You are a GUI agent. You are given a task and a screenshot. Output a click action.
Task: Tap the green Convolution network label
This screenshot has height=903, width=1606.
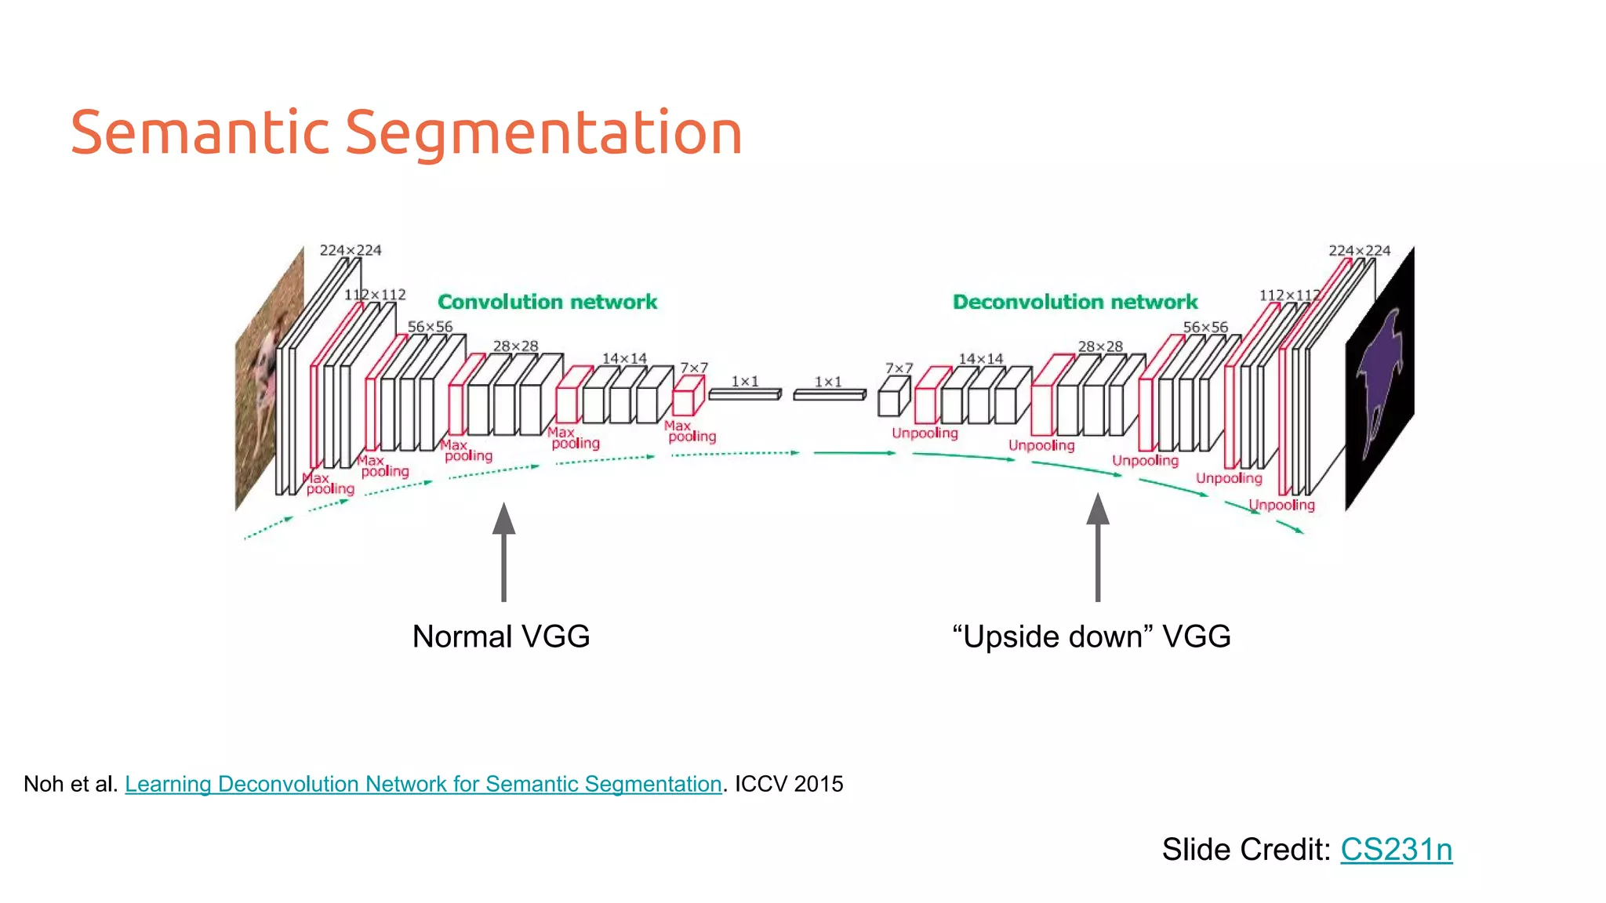pos(547,302)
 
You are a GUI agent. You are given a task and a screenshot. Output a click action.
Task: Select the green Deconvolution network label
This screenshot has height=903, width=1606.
pos(1074,302)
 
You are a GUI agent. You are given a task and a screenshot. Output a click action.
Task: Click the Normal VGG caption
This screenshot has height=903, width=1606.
pos(501,636)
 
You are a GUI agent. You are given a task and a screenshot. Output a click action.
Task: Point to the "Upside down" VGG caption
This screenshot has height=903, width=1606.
pos(1091,636)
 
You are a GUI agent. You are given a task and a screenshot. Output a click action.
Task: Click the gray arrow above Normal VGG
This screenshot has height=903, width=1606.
pos(503,553)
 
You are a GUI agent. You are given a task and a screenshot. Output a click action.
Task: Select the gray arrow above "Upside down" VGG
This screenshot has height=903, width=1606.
pos(1098,549)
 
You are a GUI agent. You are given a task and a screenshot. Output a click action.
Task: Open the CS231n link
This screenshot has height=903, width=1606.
pos(1396,850)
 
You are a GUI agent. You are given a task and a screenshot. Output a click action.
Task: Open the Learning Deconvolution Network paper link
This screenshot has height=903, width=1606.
pos(423,784)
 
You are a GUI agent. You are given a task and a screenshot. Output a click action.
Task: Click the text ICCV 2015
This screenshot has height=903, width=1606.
pos(789,784)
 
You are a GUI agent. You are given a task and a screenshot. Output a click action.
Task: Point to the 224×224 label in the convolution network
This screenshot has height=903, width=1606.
pos(350,250)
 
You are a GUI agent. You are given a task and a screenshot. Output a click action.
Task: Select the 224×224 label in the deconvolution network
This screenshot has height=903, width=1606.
pos(1359,250)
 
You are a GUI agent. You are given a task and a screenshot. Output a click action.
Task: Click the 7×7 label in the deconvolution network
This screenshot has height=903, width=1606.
pos(899,368)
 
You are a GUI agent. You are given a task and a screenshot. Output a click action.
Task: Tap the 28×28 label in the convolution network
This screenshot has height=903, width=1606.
pos(515,346)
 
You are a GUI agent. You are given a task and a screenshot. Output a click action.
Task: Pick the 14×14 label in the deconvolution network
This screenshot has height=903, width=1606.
pos(980,358)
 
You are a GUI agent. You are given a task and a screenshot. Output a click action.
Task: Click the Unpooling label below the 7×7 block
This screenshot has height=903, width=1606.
pos(925,433)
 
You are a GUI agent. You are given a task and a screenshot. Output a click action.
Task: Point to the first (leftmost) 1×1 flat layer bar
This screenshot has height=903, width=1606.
pos(745,394)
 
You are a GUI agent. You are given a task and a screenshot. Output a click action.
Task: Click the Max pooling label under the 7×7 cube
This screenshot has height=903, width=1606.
pos(689,431)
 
